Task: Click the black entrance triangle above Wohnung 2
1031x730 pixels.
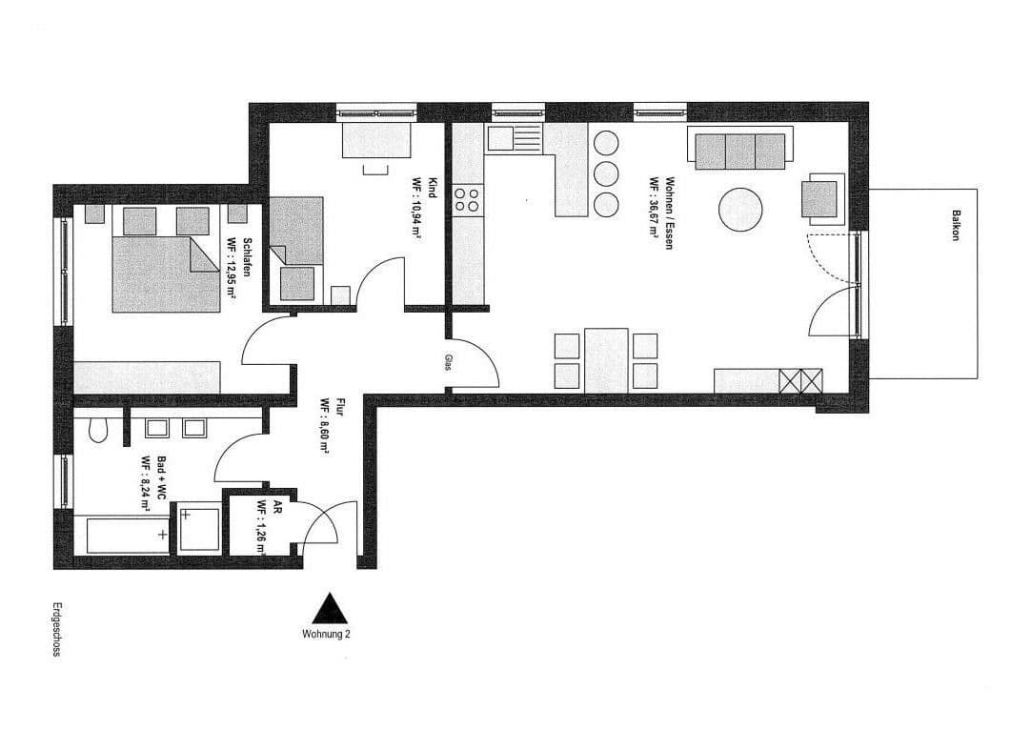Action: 328,609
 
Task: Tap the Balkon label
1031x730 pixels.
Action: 954,225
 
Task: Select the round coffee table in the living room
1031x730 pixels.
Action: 740,210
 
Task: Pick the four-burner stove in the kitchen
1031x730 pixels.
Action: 467,199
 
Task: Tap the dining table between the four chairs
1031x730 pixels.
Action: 606,360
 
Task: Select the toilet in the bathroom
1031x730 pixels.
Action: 96,432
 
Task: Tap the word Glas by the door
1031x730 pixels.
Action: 447,363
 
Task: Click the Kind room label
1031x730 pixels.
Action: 432,187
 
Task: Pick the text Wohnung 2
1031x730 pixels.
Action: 326,634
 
